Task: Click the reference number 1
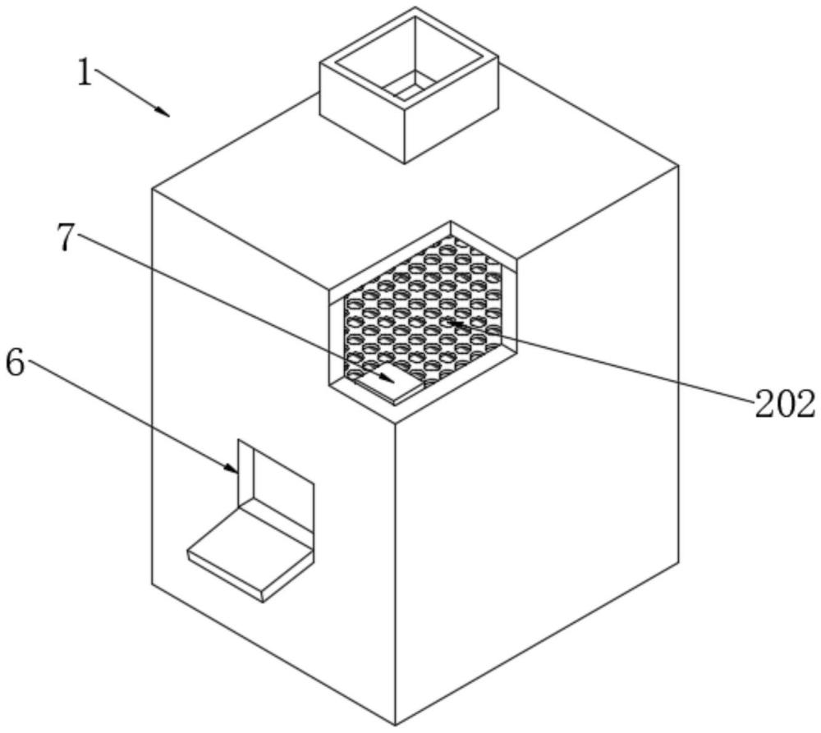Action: click(x=85, y=72)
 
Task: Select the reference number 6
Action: click(x=16, y=363)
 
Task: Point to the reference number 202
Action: click(x=785, y=405)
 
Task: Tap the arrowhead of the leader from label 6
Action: click(x=236, y=470)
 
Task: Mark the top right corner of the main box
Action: click(x=678, y=166)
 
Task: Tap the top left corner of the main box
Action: click(x=153, y=190)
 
